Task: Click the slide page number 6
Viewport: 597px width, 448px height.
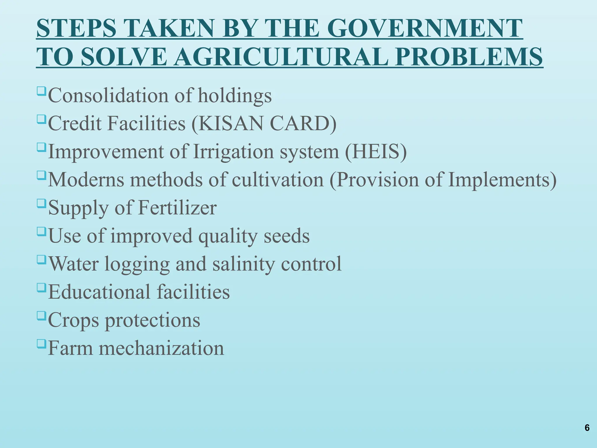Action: [587, 428]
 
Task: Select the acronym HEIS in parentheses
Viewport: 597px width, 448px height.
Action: [376, 151]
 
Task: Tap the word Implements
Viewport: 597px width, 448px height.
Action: [498, 179]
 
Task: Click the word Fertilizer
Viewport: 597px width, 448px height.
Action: [177, 208]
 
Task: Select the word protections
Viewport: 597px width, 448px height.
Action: [152, 320]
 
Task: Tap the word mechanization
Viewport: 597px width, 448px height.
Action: [161, 348]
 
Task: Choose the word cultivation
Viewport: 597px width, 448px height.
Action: [278, 179]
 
